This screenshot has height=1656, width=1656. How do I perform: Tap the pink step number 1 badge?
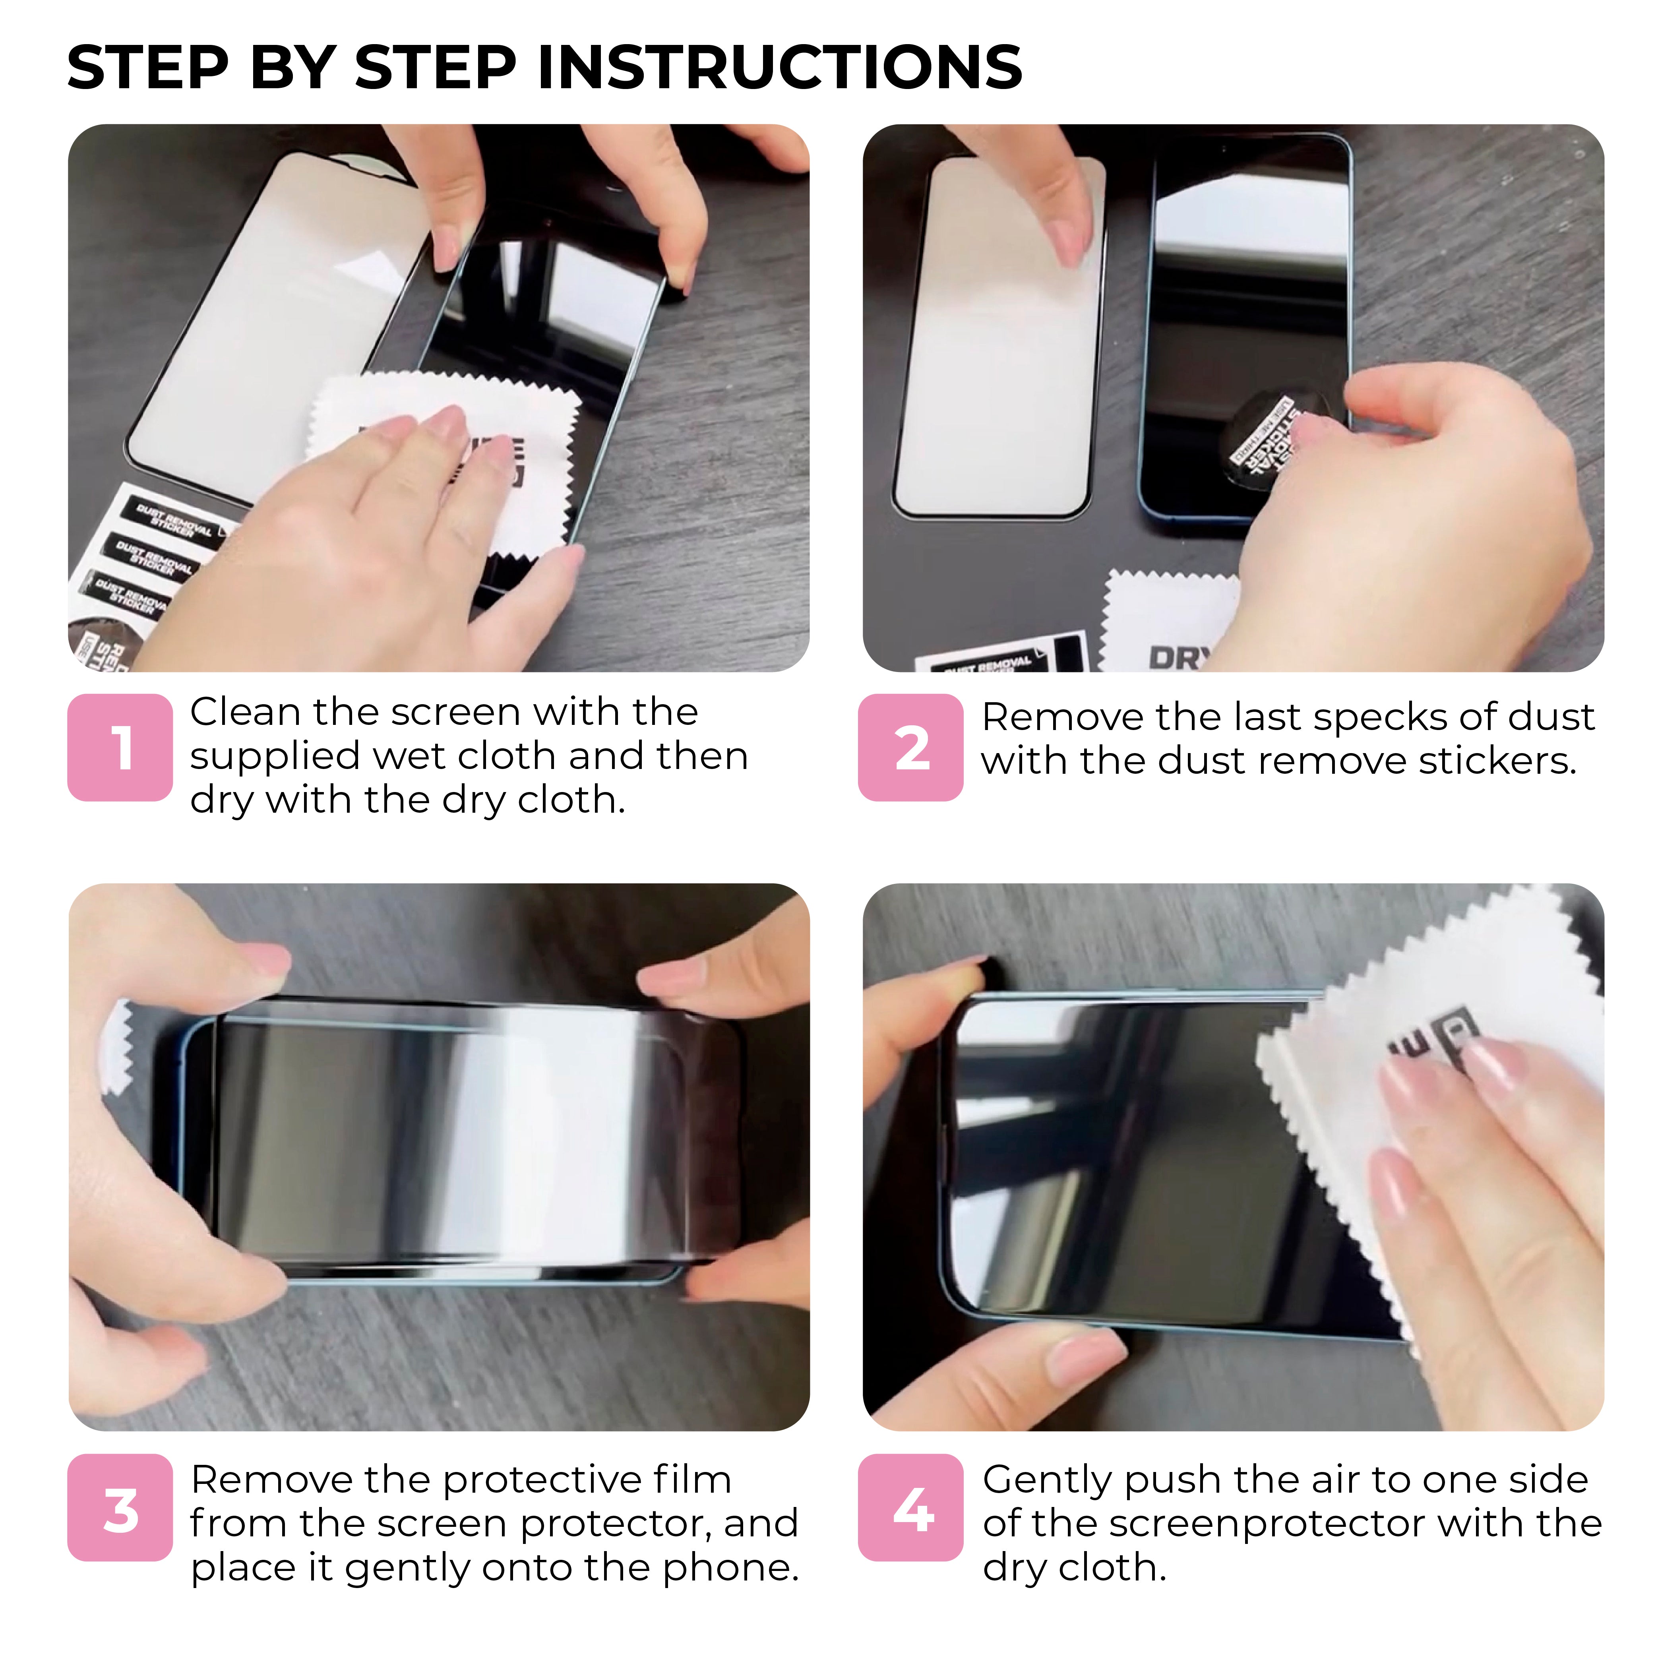point(120,747)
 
